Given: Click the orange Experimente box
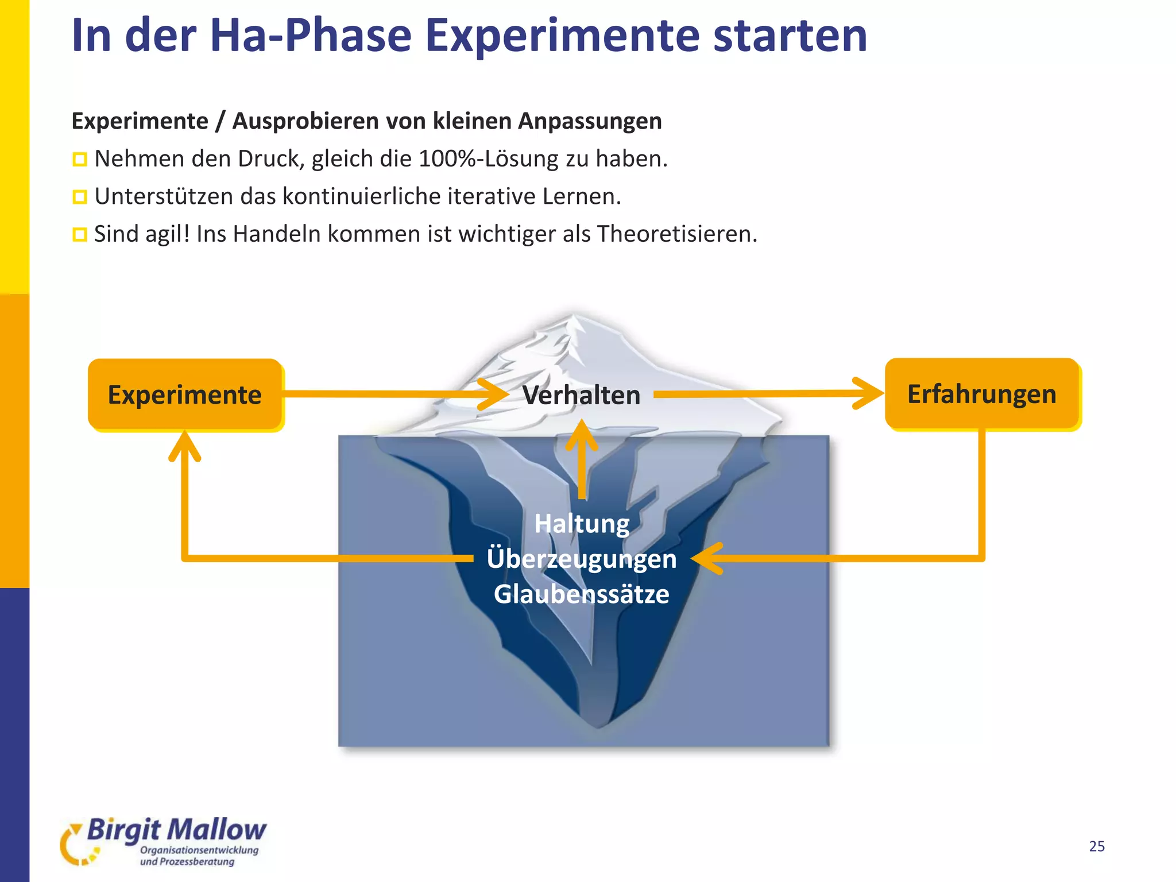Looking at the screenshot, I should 184,395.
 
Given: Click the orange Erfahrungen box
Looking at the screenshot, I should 982,394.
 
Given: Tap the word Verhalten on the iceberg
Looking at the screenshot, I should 581,396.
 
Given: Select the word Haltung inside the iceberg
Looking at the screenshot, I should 582,524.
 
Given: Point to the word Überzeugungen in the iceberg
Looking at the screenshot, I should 582,559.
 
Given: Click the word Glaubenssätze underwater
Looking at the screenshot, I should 582,594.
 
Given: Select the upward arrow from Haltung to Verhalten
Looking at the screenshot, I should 582,459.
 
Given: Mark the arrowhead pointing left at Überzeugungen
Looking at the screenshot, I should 705,558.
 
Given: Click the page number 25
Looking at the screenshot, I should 1097,846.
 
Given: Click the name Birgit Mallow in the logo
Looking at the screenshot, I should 176,830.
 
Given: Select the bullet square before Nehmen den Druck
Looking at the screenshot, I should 79,160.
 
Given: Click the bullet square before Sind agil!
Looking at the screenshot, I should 79,235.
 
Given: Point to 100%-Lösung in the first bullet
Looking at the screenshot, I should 488,159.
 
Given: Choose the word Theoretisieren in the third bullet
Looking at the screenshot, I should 677,234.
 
